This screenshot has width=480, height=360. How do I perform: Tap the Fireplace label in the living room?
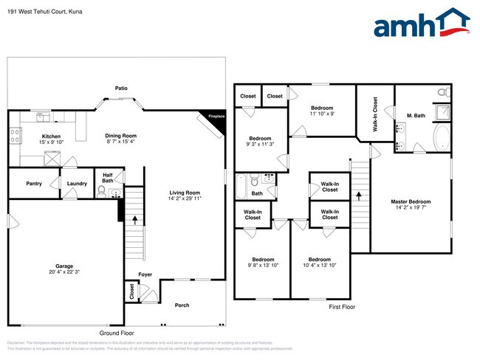pyautogui.click(x=216, y=117)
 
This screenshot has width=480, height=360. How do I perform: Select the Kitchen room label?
pyautogui.click(x=50, y=136)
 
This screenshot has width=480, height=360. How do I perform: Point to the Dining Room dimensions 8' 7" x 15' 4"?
pyautogui.click(x=120, y=142)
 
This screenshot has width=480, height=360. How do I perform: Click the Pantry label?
pyautogui.click(x=33, y=183)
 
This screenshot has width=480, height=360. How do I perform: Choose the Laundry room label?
pyautogui.click(x=77, y=183)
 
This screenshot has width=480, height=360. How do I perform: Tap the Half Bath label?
pyautogui.click(x=108, y=178)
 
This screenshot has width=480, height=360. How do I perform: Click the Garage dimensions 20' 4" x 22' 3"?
pyautogui.click(x=64, y=272)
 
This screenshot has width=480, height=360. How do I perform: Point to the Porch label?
pyautogui.click(x=182, y=305)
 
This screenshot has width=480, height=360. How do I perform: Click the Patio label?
pyautogui.click(x=121, y=88)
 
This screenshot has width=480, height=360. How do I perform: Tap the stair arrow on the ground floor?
pyautogui.click(x=135, y=219)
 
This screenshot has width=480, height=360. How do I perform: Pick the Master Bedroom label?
pyautogui.click(x=411, y=201)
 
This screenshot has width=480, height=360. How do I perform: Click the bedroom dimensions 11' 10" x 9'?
pyautogui.click(x=321, y=114)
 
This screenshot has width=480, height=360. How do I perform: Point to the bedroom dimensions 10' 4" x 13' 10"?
pyautogui.click(x=319, y=265)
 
